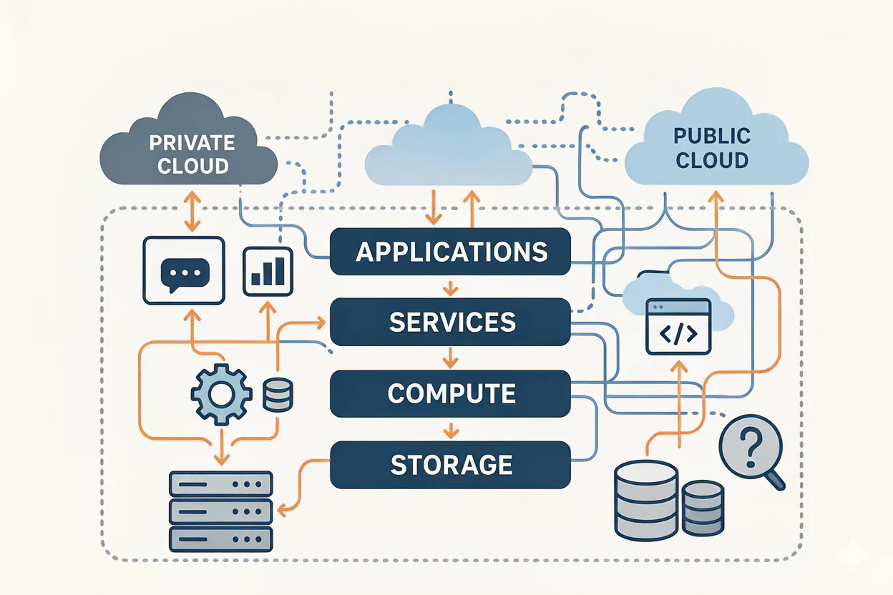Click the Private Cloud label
tap(191, 154)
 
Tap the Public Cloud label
tap(713, 147)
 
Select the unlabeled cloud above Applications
tap(449, 150)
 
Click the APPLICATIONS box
tap(450, 252)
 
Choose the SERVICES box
tap(450, 322)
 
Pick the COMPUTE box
tap(450, 393)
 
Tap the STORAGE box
tap(450, 464)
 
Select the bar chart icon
tap(268, 272)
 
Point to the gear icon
tap(221, 393)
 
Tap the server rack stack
tap(220, 511)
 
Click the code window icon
tap(678, 327)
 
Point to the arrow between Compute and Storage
tap(450, 429)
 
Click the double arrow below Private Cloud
tap(191, 211)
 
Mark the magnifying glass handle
tap(775, 481)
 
